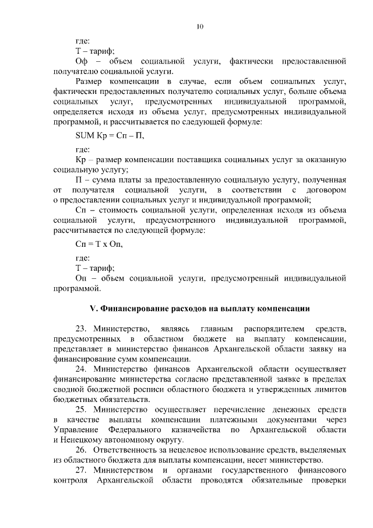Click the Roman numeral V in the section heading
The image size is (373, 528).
(91, 307)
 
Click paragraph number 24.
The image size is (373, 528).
(81, 369)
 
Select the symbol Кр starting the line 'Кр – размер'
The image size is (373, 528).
(81, 159)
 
